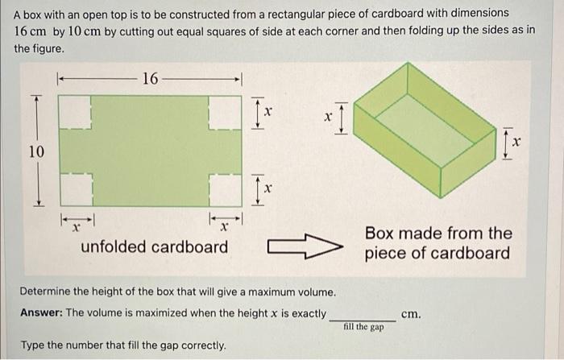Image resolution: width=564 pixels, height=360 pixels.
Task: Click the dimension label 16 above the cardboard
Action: [150, 79]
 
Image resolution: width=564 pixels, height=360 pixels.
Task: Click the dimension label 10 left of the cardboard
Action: [37, 151]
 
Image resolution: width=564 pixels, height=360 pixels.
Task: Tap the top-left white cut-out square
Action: [76, 112]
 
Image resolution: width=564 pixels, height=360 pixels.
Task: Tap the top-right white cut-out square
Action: [225, 112]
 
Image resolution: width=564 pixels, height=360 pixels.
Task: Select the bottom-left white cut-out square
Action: [76, 190]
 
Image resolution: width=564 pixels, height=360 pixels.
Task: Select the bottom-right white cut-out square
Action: [225, 190]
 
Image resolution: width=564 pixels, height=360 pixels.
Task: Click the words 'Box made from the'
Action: [438, 234]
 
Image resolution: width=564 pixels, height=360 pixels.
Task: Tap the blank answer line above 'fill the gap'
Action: [363, 319]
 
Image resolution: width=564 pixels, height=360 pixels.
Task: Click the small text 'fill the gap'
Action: [363, 327]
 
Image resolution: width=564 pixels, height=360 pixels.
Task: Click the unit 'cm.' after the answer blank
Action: [410, 313]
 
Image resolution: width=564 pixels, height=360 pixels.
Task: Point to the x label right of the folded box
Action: [516, 142]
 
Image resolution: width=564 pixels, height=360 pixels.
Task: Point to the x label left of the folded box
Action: [328, 117]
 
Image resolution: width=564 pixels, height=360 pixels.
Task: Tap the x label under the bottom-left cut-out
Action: [74, 228]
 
